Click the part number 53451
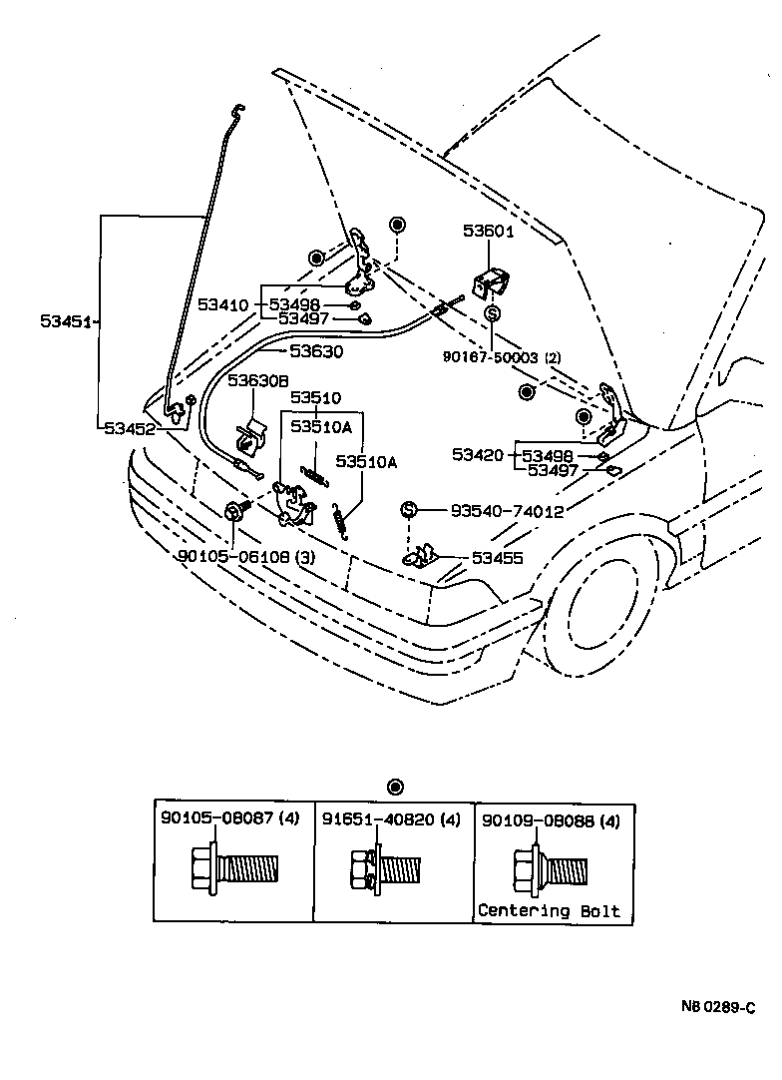pos(66,321)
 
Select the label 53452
pos(130,427)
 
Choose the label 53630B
pos(257,380)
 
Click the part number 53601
pos(488,232)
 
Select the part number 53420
pos(478,455)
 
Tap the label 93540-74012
pos(507,510)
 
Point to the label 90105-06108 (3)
pos(232,557)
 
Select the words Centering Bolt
pos(549,910)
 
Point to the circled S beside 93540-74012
pos(408,510)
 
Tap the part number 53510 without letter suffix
pos(315,396)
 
